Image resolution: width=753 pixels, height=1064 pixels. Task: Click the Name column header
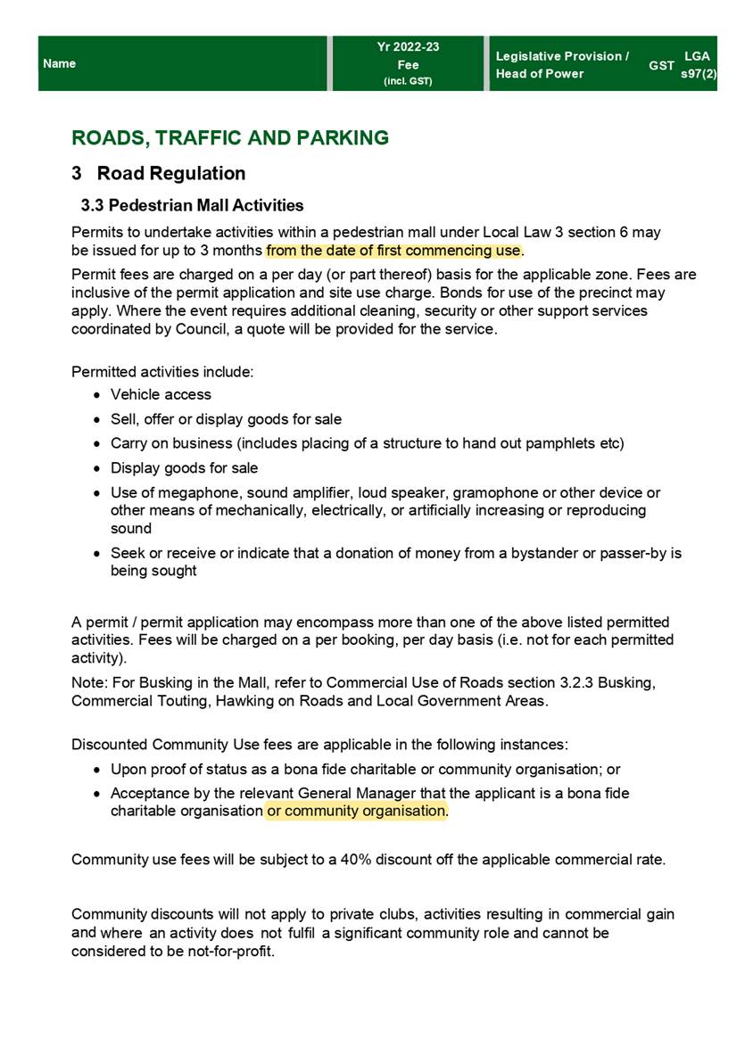tap(59, 64)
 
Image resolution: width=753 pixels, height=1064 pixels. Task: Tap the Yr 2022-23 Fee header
tap(408, 64)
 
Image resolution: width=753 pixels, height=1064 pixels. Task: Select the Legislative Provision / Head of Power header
tap(562, 65)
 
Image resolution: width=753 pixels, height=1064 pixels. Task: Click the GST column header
tap(661, 66)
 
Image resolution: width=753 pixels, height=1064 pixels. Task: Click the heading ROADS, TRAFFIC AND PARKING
tap(230, 138)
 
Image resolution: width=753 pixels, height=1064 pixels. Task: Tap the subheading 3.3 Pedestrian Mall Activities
tap(192, 206)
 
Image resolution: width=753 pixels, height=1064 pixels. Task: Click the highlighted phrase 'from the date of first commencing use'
tap(393, 250)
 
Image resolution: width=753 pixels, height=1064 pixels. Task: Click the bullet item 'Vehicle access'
tap(161, 394)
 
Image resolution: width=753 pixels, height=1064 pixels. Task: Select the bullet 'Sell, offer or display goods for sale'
tap(226, 419)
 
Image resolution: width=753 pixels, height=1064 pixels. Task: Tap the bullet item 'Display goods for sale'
tap(184, 468)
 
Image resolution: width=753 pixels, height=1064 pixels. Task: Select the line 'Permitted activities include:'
tap(162, 370)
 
